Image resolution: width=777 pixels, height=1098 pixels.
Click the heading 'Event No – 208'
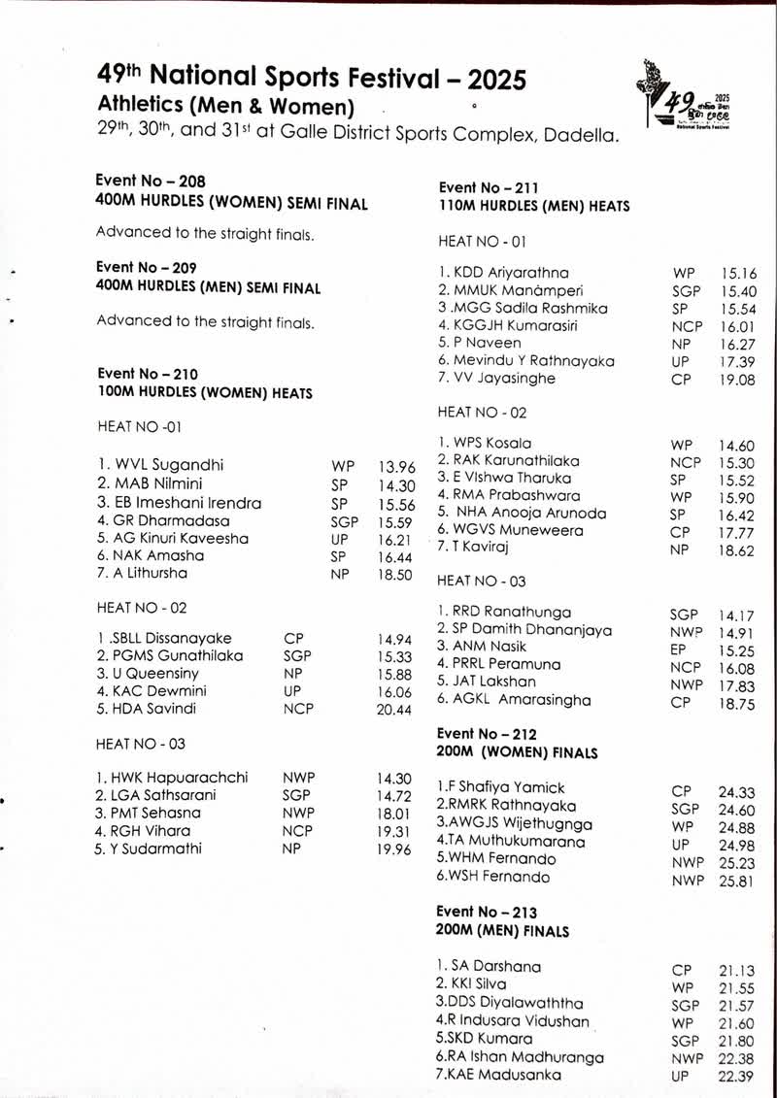(x=151, y=181)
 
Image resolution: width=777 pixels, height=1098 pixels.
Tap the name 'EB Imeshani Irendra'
(x=180, y=503)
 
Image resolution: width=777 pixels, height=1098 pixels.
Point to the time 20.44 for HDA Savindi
(x=394, y=709)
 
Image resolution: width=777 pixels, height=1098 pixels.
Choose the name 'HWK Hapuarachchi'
(x=172, y=778)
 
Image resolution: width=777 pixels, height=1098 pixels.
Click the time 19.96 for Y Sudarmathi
(x=394, y=848)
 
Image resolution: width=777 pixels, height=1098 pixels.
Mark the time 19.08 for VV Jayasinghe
(x=737, y=380)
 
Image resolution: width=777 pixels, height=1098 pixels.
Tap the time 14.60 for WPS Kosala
(x=737, y=446)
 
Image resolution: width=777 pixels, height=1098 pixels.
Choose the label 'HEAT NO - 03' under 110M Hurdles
(x=483, y=581)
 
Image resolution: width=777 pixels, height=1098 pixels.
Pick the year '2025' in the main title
(x=482, y=79)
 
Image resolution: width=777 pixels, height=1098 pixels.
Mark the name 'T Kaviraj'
(x=475, y=548)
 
